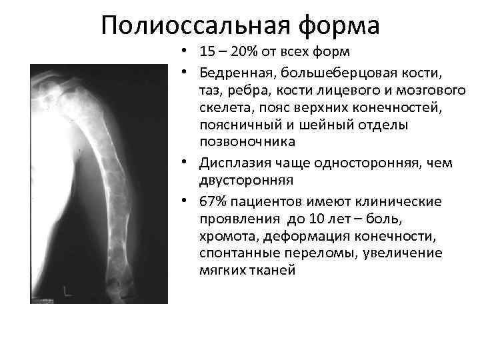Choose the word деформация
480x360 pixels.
(305, 236)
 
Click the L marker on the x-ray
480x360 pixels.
(65, 289)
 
